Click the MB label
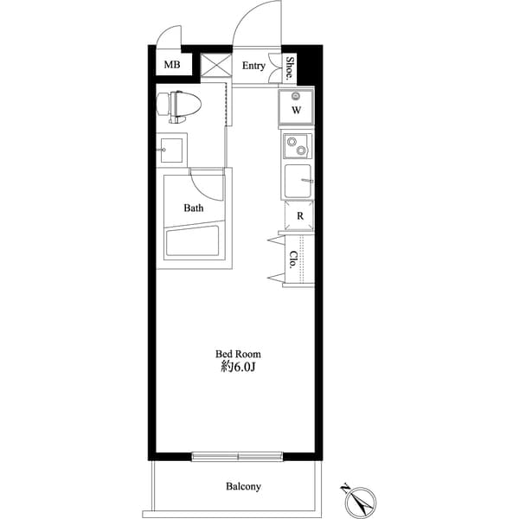point(173,65)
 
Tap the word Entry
point(253,66)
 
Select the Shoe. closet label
point(290,67)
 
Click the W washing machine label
point(296,111)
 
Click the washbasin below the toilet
point(171,151)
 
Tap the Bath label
point(194,208)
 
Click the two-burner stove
point(297,145)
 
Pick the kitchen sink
point(298,182)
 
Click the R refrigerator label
point(299,216)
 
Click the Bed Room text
point(238,354)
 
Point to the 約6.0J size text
point(238,367)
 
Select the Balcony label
point(243,486)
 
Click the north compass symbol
point(357,499)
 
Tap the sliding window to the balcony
point(238,455)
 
